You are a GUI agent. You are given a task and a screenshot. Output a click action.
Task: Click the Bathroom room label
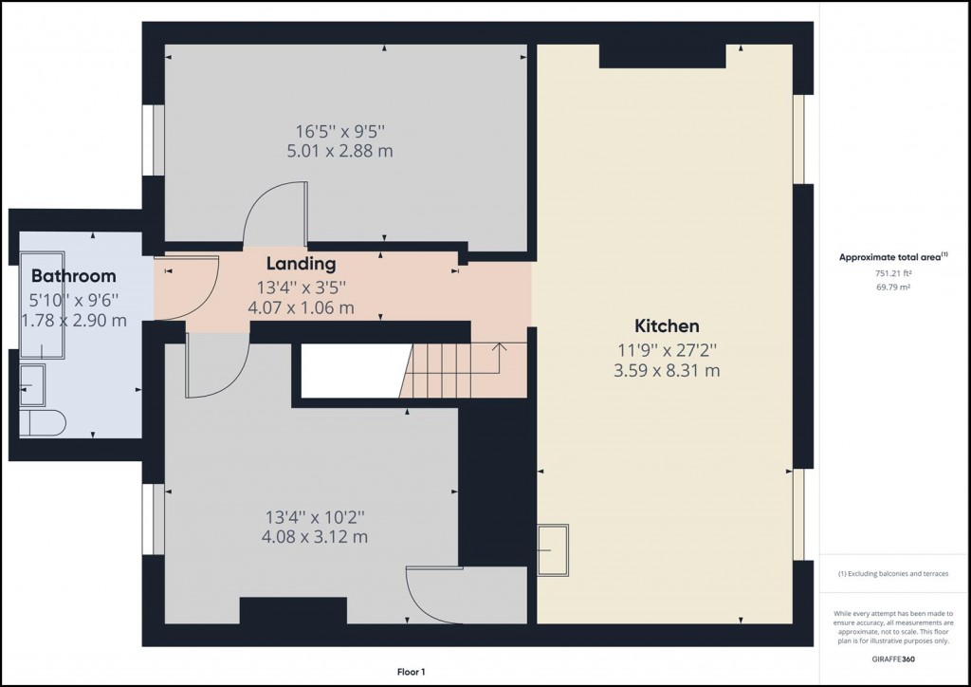tap(74, 276)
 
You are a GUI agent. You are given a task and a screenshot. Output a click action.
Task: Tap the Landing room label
tap(301, 263)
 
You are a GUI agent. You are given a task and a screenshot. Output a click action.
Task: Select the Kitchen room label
tap(668, 325)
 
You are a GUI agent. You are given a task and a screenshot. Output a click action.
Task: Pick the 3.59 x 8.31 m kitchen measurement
tap(667, 370)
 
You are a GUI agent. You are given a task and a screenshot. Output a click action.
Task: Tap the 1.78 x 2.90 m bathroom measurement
tap(74, 320)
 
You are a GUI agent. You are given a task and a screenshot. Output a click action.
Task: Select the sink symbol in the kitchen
tap(554, 550)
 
